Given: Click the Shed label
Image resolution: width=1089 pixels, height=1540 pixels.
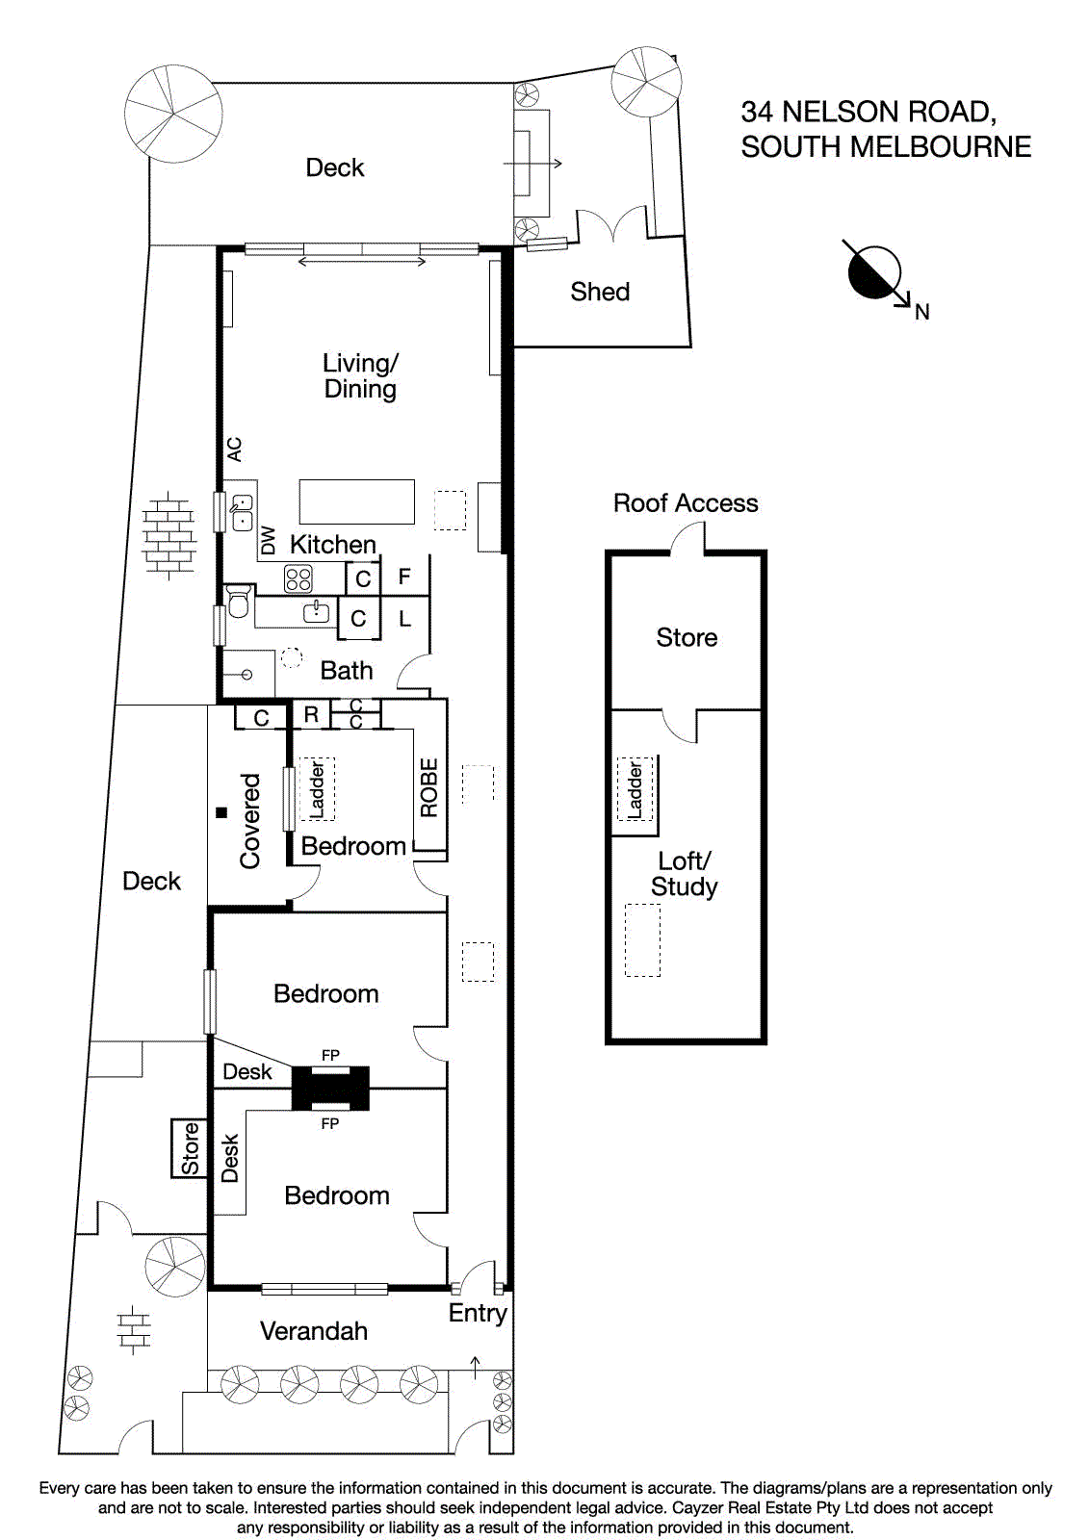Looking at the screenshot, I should pos(599,292).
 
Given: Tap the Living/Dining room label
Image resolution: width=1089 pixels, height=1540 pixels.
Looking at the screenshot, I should pos(360,375).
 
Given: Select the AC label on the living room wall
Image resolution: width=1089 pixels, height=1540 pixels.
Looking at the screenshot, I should pos(235,449).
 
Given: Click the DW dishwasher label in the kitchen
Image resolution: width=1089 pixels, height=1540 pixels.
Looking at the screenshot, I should pos(269,540).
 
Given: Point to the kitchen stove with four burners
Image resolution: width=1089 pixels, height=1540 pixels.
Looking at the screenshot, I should pos(298,578).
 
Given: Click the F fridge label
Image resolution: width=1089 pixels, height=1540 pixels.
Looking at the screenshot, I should pos(404,577).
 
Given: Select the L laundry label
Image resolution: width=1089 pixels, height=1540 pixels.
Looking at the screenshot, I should pos(404,619).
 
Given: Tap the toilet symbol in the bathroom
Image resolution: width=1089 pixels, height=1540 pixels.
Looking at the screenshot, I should pos(238,601).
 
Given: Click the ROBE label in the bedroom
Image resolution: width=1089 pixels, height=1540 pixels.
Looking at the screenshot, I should pos(429,787).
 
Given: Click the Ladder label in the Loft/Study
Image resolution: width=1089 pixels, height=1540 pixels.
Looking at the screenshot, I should pos(635,790).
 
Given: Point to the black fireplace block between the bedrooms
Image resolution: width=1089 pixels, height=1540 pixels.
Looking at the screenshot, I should pos(330,1089).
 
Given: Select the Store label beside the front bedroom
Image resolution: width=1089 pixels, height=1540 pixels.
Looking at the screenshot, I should pos(190,1148).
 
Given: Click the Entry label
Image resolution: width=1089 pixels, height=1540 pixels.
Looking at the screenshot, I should pos(478,1313).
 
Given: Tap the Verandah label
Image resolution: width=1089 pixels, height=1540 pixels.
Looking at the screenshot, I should pos(314,1331).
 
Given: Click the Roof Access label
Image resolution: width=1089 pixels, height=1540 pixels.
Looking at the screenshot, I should pos(686,503).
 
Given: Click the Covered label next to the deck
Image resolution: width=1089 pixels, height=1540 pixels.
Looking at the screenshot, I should pos(250,821).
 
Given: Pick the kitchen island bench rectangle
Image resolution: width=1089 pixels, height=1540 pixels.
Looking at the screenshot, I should pos(356,501).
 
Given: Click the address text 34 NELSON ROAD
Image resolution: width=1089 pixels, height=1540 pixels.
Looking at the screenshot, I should pos(868,113).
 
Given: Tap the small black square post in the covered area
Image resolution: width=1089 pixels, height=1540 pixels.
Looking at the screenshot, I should pos(221,812).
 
